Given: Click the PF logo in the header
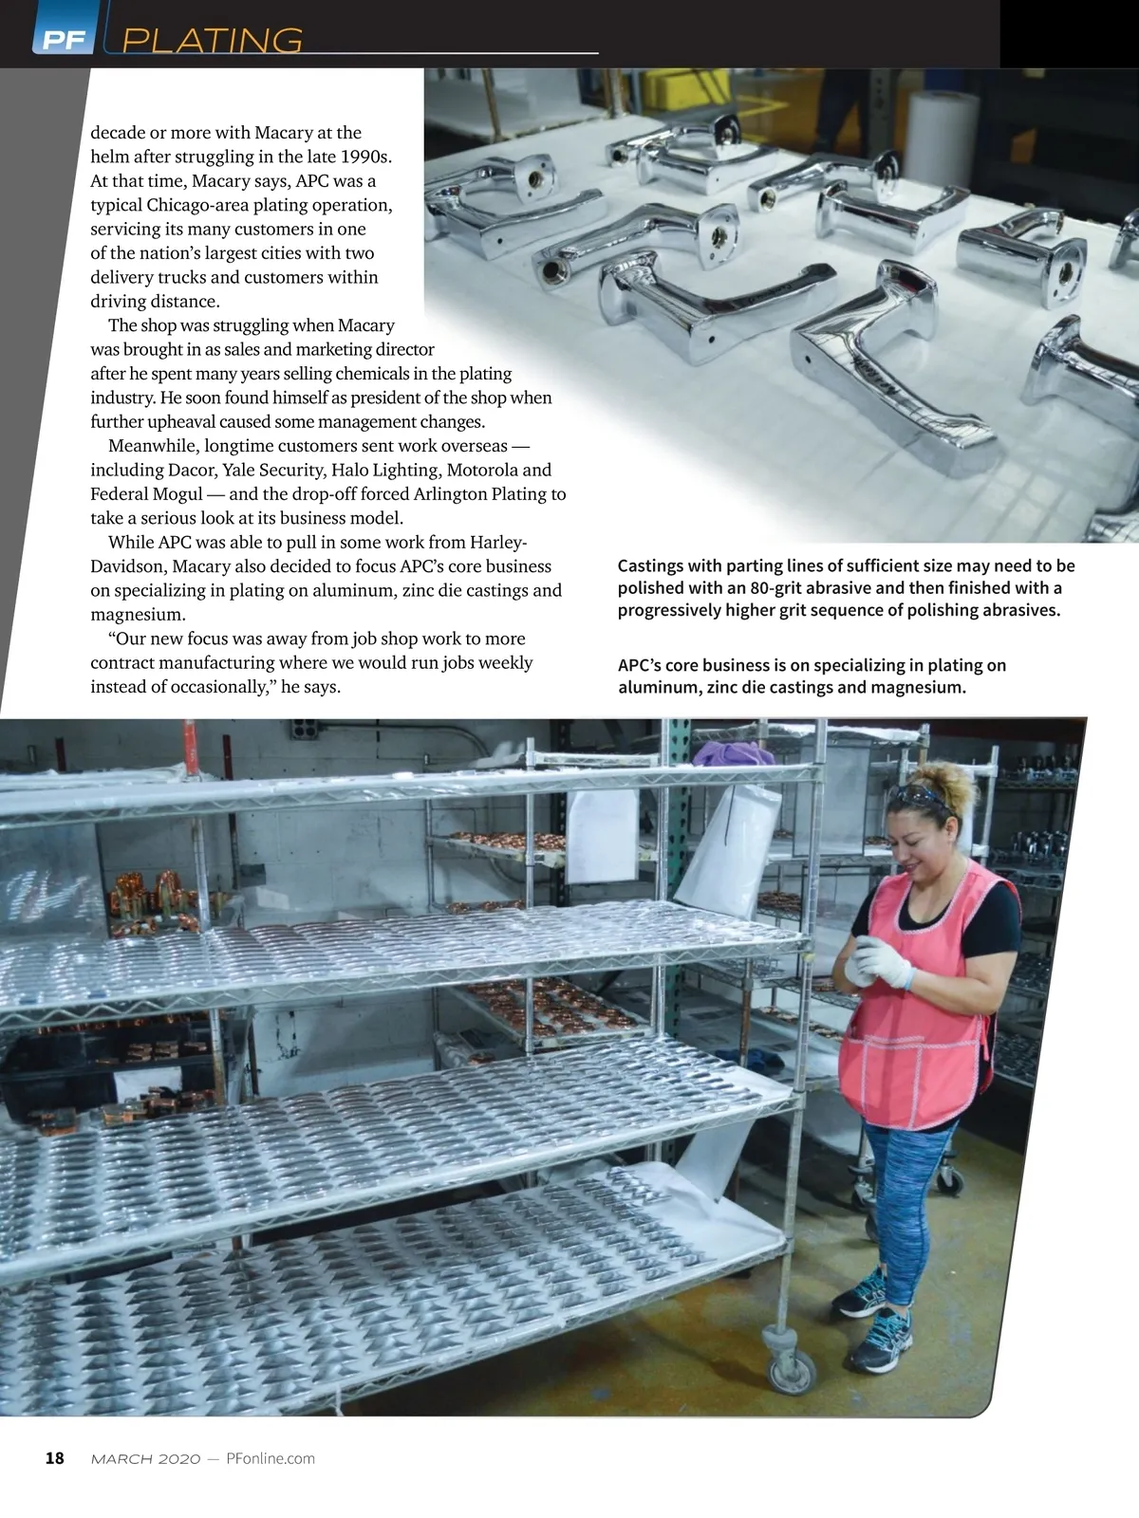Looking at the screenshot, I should [63, 39].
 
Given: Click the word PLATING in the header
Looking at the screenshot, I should [214, 41].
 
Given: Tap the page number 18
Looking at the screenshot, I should [55, 1458].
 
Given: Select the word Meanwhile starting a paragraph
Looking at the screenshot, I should [152, 446].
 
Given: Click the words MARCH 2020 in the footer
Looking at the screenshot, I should [145, 1459].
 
